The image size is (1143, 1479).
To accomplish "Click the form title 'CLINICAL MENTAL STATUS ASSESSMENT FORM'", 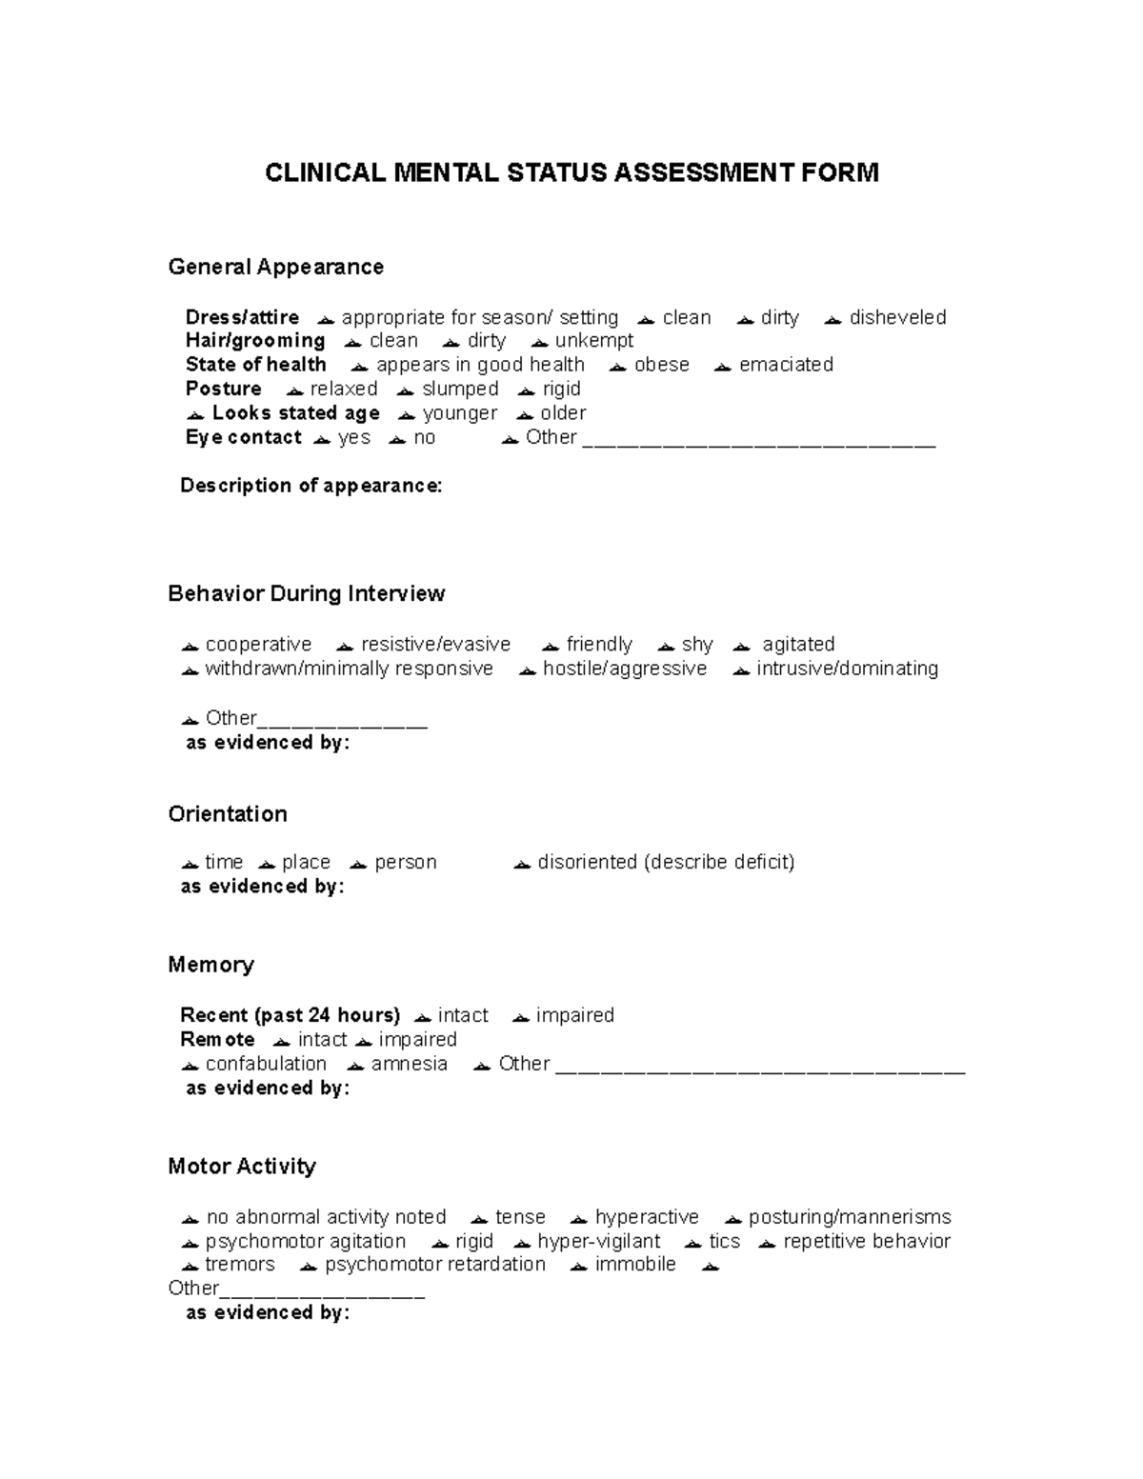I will pyautogui.click(x=571, y=172).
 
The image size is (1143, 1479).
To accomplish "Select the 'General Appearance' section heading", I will pyautogui.click(x=275, y=267).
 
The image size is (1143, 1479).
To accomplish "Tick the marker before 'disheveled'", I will pyautogui.click(x=832, y=320).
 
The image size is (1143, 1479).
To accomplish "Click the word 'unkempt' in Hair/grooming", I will pyautogui.click(x=593, y=341).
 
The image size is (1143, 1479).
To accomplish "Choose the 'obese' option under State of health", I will pyautogui.click(x=661, y=365).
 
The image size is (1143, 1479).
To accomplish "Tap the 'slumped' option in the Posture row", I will pyautogui.click(x=460, y=389).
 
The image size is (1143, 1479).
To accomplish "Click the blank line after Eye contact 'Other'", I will pyautogui.click(x=759, y=443).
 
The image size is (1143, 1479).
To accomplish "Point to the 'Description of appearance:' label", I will pyautogui.click(x=311, y=486).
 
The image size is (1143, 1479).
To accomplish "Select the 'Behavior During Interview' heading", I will pyautogui.click(x=306, y=593).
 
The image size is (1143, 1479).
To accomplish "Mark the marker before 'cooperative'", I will pyautogui.click(x=190, y=647).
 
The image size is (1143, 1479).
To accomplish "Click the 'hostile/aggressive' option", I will pyautogui.click(x=624, y=669).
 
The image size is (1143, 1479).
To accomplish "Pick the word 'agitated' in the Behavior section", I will pyautogui.click(x=798, y=645).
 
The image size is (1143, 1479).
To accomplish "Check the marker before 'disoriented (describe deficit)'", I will pyautogui.click(x=521, y=865).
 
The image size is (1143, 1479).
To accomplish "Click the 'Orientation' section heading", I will pyautogui.click(x=228, y=814).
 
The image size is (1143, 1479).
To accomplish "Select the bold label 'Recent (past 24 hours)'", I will pyautogui.click(x=290, y=1015).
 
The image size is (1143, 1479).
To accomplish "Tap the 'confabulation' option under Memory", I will pyautogui.click(x=266, y=1064).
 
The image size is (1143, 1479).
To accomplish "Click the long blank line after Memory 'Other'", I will pyautogui.click(x=759, y=1070).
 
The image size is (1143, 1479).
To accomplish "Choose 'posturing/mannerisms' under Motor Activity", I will pyautogui.click(x=850, y=1217).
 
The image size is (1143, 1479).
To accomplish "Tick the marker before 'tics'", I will pyautogui.click(x=692, y=1244).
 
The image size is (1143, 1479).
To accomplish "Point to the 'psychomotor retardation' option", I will pyautogui.click(x=435, y=1265).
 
